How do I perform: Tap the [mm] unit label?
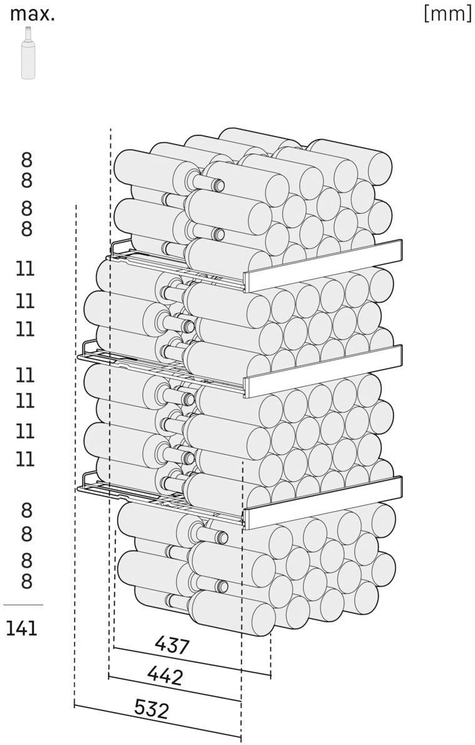pos(447,14)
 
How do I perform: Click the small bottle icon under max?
pos(28,52)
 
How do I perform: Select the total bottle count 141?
pos(22,629)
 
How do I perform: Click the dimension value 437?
pos(172,645)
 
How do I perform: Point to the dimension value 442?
pos(165,675)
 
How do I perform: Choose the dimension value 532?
pos(151,709)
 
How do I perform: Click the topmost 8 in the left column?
pos(27,160)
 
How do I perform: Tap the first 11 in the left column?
pos(26,269)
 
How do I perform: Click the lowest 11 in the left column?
pos(26,459)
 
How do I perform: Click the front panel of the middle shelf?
pos(324,371)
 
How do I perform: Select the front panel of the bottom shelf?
pos(323,502)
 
